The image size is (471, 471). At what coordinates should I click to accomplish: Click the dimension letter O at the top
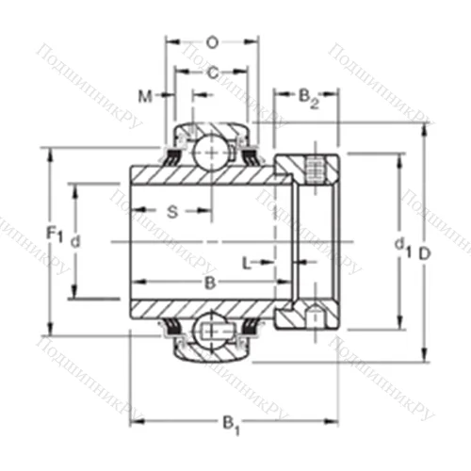click(x=212, y=41)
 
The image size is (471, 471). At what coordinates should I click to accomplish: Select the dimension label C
click(x=213, y=73)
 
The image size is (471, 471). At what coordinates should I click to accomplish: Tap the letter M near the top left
click(x=144, y=95)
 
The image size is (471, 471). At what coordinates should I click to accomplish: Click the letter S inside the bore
click(x=172, y=212)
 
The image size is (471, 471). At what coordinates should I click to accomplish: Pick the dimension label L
click(x=247, y=261)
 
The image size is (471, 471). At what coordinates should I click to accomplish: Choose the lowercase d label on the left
click(x=76, y=241)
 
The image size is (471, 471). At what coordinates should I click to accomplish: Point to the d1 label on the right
click(x=399, y=246)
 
